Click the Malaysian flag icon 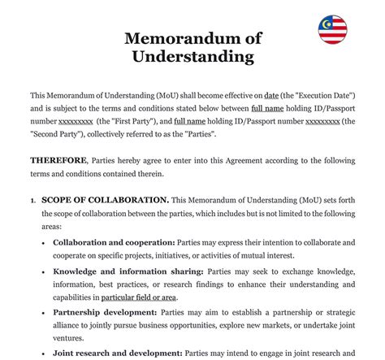coord(333,31)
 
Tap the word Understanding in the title coord(192,57)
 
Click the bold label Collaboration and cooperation coord(114,243)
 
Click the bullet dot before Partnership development coord(45,312)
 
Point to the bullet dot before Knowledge coord(45,271)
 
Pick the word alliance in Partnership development coord(69,325)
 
